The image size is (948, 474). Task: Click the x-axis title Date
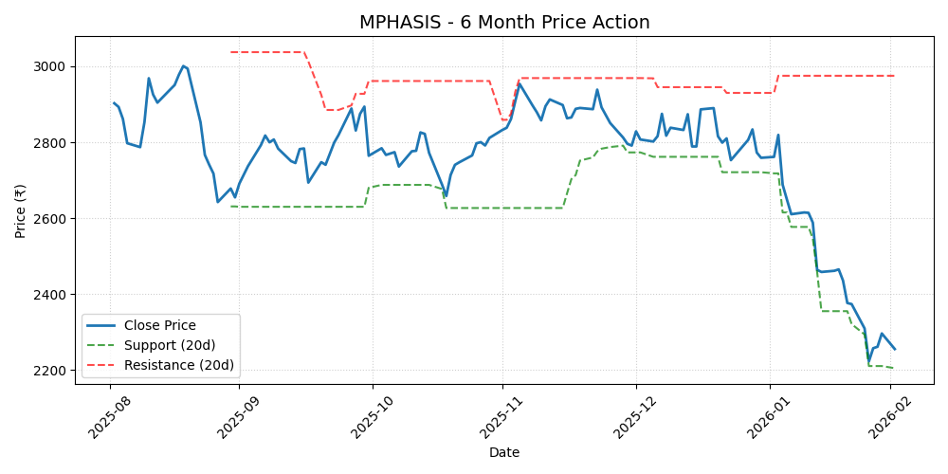click(x=503, y=453)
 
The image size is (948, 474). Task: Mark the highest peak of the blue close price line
click(x=183, y=66)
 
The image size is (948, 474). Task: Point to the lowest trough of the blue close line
click(x=868, y=362)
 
